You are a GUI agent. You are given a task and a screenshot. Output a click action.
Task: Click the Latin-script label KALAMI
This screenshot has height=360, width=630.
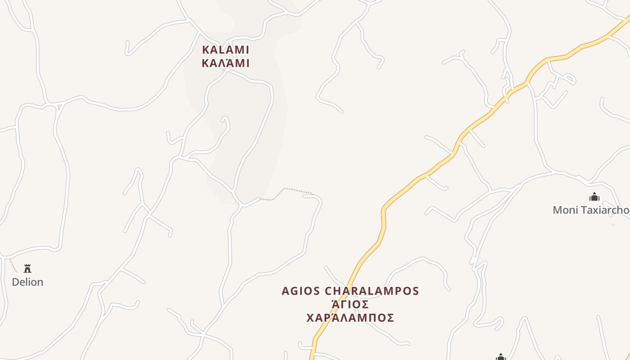tap(225, 49)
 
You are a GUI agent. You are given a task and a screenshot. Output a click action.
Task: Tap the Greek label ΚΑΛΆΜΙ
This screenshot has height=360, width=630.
tap(225, 63)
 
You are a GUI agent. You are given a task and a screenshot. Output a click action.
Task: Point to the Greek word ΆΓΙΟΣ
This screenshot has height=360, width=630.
tap(350, 305)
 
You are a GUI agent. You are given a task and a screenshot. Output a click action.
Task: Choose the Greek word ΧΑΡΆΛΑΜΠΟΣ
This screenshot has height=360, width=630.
tap(350, 318)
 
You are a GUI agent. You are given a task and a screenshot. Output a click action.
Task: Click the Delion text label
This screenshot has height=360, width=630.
tap(27, 282)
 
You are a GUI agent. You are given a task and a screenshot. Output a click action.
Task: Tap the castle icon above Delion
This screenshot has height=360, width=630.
tap(27, 269)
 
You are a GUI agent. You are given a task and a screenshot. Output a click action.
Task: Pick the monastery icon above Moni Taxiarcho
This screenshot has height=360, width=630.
tap(594, 197)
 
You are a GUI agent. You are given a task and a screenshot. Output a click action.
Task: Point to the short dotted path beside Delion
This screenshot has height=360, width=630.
tap(13, 266)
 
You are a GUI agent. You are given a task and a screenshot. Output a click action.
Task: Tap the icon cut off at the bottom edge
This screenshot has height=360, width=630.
tap(500, 357)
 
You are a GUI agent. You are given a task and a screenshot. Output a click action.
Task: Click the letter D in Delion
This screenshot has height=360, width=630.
tap(15, 282)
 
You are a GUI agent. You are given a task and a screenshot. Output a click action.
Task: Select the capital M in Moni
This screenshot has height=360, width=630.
tap(557, 210)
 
